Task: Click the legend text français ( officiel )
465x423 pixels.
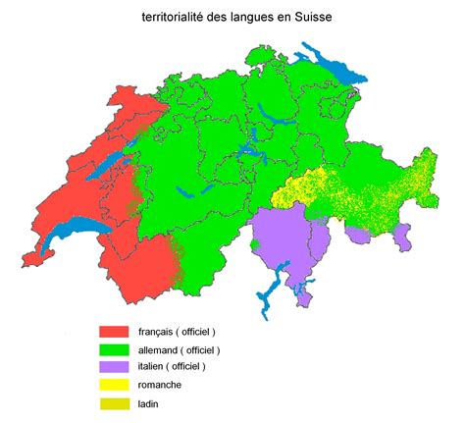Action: (176, 332)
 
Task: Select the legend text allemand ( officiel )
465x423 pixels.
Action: (178, 349)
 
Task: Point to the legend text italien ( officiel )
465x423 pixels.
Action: (173, 367)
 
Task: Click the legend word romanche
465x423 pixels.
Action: (163, 385)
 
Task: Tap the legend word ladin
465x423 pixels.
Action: (151, 402)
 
